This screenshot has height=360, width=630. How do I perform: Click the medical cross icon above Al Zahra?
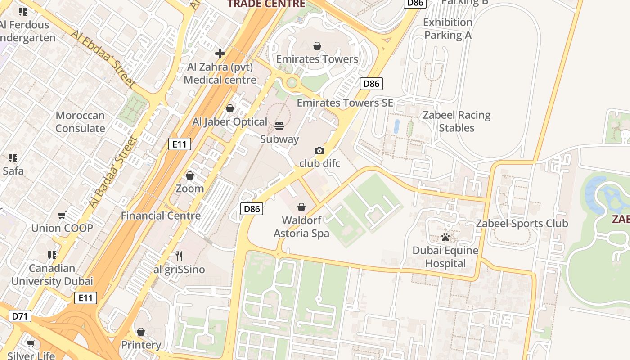coord(220,54)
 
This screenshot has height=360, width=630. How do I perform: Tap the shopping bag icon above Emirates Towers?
coord(317,46)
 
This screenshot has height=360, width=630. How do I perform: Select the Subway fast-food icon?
coord(279,126)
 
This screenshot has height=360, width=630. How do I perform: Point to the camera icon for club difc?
coord(319,150)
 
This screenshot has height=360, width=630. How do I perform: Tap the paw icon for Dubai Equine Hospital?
coord(446,237)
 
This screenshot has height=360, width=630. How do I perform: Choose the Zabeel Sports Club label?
coord(522,223)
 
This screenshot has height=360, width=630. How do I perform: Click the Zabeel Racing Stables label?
coord(456,121)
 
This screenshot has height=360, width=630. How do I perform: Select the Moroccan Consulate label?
coord(80,122)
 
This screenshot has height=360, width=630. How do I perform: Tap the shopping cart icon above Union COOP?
coord(62,216)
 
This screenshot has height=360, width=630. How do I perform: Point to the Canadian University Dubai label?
coord(52,274)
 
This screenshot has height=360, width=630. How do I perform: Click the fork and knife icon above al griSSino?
coord(179,256)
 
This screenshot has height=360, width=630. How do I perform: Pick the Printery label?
coord(141,345)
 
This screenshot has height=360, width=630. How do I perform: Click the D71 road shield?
coord(20,316)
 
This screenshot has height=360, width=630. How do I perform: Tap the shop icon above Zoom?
coord(190,175)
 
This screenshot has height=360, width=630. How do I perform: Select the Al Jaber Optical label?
coord(230,122)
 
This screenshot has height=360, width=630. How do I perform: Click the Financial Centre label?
coord(161,216)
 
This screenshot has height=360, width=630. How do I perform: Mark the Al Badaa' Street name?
coord(112,172)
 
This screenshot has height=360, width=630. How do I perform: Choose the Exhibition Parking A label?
coord(448,29)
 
